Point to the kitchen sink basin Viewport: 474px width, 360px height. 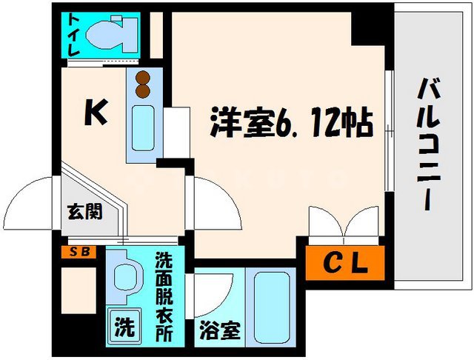point(142,127)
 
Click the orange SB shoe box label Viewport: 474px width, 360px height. point(77,252)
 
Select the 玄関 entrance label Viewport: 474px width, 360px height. point(87,210)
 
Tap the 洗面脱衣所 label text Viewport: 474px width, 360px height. point(164,297)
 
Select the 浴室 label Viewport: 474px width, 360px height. point(218,331)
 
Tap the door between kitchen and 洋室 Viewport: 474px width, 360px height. point(216,204)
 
